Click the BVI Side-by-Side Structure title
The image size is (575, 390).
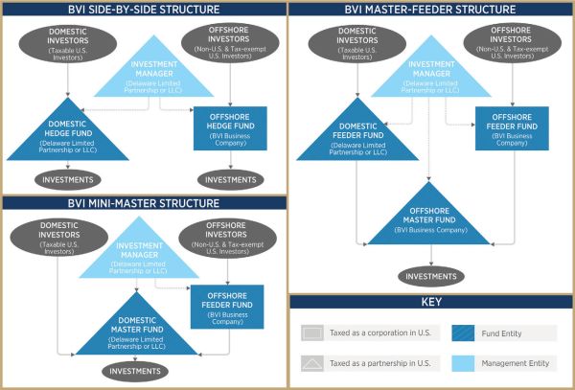(x=144, y=10)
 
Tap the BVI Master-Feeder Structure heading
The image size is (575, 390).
(x=431, y=10)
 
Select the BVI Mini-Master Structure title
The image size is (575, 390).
(x=144, y=204)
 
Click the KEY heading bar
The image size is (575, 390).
(x=431, y=301)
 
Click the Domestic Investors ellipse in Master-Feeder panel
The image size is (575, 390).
(x=356, y=43)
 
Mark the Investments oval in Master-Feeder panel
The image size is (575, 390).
(x=431, y=276)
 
